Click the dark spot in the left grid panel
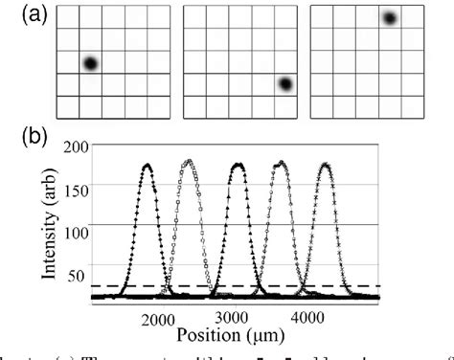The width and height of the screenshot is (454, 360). tap(90, 64)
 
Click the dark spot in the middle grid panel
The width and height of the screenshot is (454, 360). tap(284, 84)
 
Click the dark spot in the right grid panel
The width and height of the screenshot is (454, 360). tap(389, 18)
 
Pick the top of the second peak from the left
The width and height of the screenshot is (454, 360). tap(189, 161)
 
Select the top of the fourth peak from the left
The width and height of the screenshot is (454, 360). tap(281, 162)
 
